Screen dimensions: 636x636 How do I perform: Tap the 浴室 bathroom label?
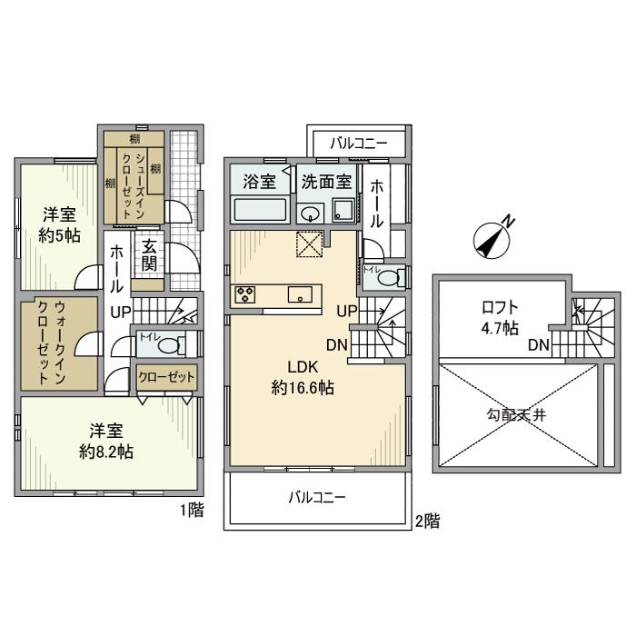(260, 181)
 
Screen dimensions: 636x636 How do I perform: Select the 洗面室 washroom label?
(327, 181)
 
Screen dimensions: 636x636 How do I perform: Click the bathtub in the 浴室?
(260, 211)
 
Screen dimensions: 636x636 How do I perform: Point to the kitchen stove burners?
(245, 294)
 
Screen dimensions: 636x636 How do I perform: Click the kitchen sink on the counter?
(300, 294)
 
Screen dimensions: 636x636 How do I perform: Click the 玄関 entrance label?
(150, 255)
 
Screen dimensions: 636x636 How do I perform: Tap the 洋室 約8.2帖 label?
(106, 441)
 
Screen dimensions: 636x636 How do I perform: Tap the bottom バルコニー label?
(317, 498)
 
